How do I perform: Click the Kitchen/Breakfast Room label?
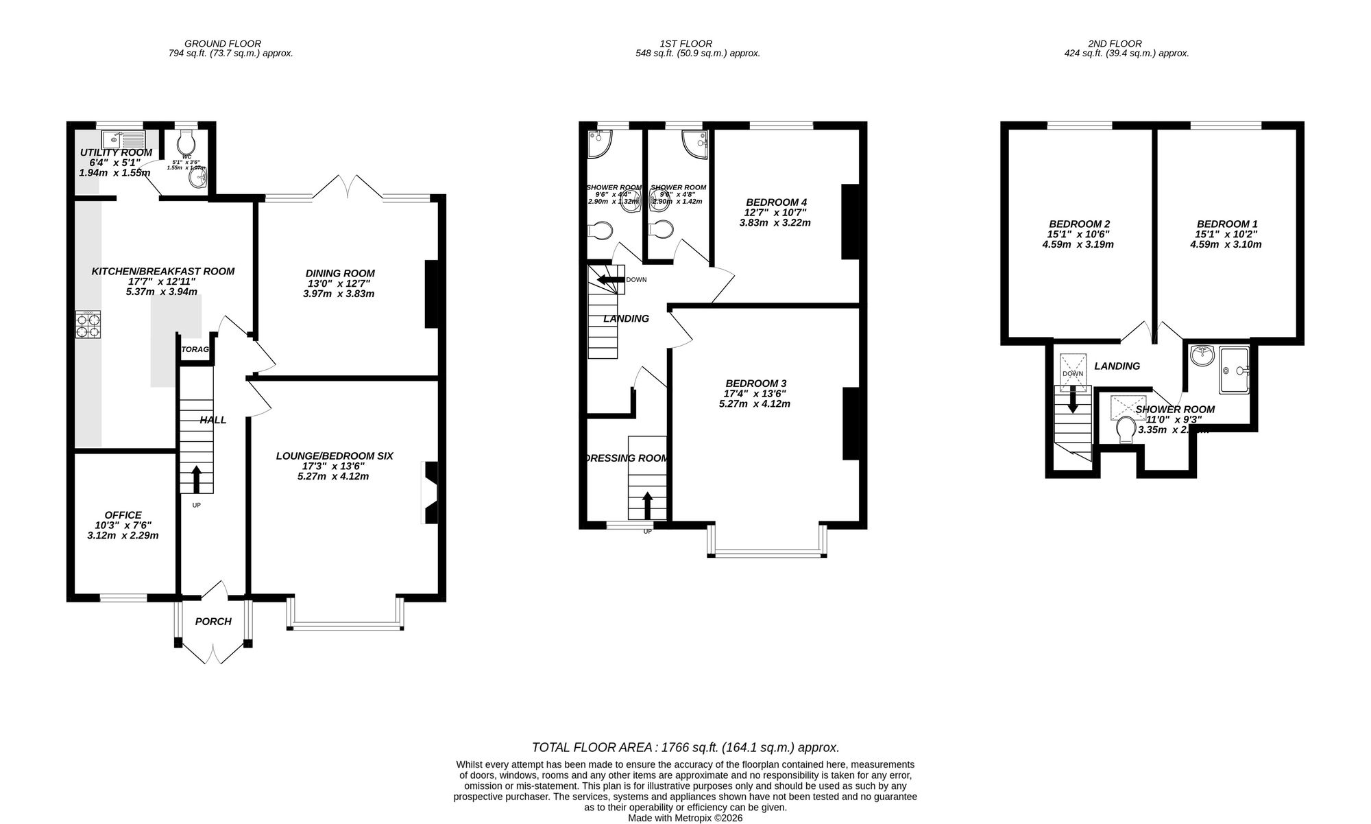pyautogui.click(x=163, y=272)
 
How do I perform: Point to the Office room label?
pyautogui.click(x=123, y=515)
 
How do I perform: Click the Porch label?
pyautogui.click(x=213, y=622)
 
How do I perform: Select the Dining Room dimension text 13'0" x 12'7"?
pyautogui.click(x=340, y=283)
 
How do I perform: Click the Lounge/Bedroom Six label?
pyautogui.click(x=335, y=456)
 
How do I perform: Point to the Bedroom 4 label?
pyautogui.click(x=776, y=202)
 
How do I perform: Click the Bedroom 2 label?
pyautogui.click(x=1079, y=224)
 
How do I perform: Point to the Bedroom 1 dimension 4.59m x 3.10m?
pyautogui.click(x=1226, y=244)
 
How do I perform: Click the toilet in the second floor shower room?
pyautogui.click(x=1125, y=431)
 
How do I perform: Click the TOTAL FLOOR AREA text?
pyautogui.click(x=685, y=748)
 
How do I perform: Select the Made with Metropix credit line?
pyautogui.click(x=685, y=818)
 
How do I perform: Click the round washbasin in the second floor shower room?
pyautogui.click(x=1202, y=355)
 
